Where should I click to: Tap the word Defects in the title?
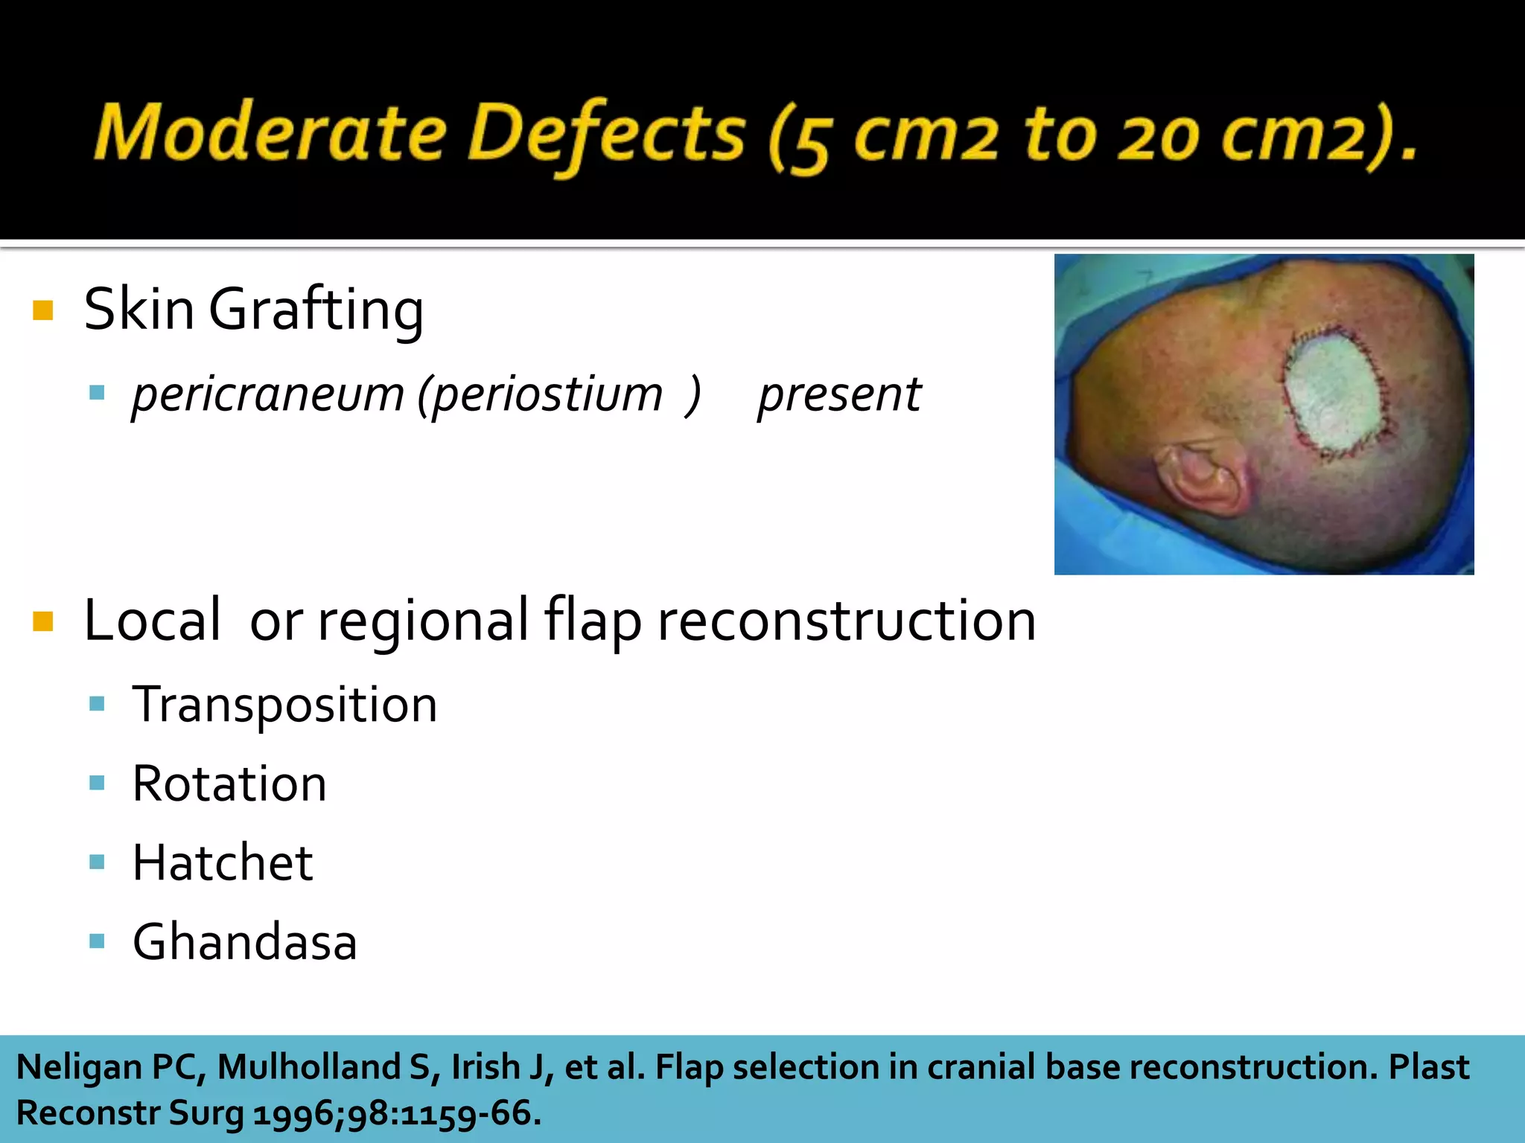coord(606,134)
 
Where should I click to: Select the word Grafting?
coord(316,310)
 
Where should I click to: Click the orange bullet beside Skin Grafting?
coord(43,310)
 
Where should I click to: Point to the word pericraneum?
coord(268,394)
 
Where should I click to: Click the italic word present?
coord(839,394)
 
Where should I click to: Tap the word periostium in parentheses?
coord(547,394)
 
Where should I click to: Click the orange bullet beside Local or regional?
coord(43,621)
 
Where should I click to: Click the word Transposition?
coord(284,705)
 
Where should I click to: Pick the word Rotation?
coord(229,784)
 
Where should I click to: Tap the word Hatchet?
coord(222,863)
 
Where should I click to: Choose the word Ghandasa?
coord(244,942)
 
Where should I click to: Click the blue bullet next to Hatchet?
coord(97,862)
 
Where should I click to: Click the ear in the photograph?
coord(1200,476)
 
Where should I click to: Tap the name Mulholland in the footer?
coord(308,1067)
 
